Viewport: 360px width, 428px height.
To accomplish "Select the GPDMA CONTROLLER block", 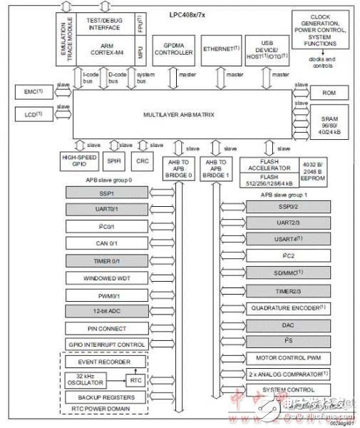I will click(173, 49).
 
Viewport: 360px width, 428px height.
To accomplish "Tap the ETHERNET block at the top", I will click(220, 49).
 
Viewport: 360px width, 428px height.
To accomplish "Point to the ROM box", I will click(329, 93).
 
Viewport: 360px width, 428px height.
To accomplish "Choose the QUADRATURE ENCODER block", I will click(289, 307).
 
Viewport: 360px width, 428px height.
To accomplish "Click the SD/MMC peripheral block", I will click(289, 272).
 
